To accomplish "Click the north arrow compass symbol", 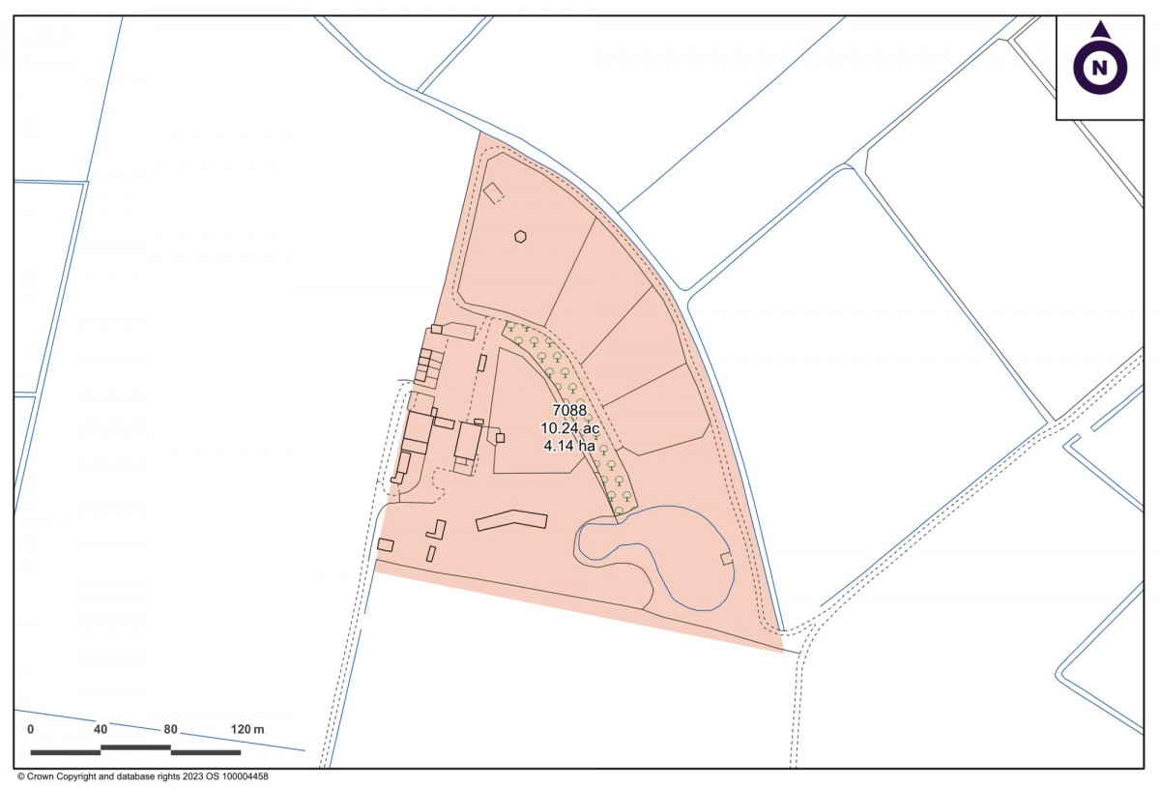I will [1100, 63].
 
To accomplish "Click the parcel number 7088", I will [569, 410].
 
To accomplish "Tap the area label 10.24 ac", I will [569, 427].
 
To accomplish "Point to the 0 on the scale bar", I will [31, 729].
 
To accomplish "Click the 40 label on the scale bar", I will [101, 729].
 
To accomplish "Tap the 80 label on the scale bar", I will [170, 729].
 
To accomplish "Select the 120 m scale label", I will [246, 729].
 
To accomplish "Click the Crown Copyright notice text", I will [142, 776].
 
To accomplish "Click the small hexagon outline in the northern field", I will [520, 236].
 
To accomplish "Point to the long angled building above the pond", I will [511, 520].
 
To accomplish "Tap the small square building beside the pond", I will [727, 558].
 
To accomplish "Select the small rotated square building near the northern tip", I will [494, 193].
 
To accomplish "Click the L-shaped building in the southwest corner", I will [437, 532].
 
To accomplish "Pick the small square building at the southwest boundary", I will [386, 545].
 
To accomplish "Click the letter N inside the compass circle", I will [1100, 68].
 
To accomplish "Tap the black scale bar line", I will [135, 749].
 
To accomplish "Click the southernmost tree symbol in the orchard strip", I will [619, 510].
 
